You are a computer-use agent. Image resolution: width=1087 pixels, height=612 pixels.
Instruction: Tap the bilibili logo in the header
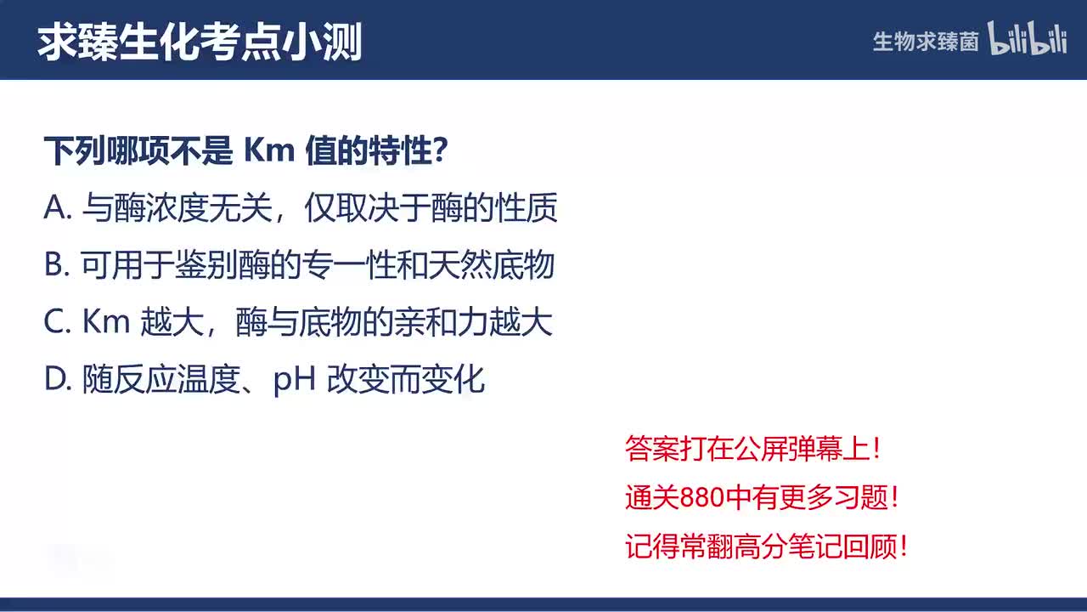point(1028,39)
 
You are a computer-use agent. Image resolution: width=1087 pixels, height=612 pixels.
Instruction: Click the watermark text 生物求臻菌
point(925,42)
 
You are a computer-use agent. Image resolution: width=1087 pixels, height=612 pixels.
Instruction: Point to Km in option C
point(105,322)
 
